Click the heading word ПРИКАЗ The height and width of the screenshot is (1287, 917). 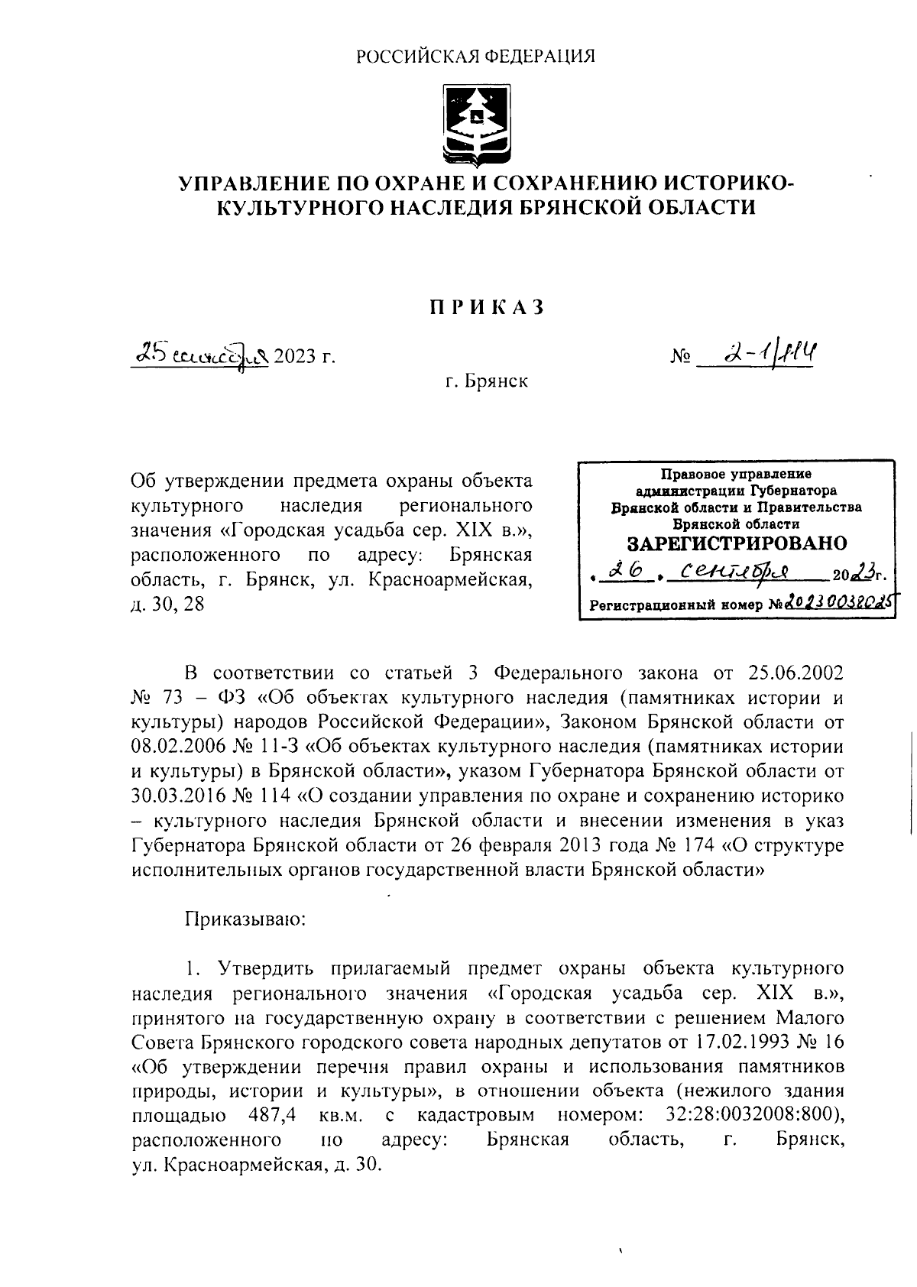pos(486,306)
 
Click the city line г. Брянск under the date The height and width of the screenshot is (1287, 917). pos(487,381)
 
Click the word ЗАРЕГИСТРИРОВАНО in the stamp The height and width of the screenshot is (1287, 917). pos(736,543)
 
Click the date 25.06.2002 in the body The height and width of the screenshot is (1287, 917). pos(793,673)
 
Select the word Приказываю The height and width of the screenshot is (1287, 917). pos(245,919)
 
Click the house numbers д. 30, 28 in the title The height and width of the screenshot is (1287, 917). pos(168,605)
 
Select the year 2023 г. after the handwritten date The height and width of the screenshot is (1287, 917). pos(306,356)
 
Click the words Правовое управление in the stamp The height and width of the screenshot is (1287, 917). pos(736,475)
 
